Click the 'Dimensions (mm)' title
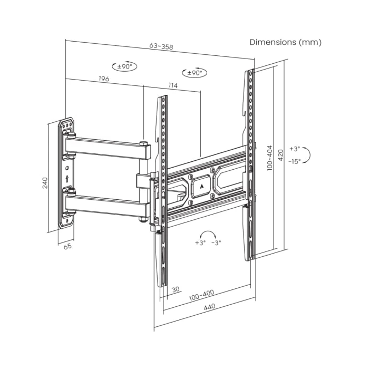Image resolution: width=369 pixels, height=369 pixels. (285, 42)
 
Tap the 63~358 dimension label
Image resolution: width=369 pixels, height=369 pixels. (161, 46)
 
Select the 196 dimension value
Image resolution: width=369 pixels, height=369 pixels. (104, 79)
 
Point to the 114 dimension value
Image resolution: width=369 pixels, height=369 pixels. (173, 85)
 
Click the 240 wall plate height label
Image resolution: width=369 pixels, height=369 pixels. (45, 182)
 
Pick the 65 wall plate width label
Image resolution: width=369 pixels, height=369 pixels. (67, 246)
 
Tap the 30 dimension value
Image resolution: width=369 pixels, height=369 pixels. (176, 289)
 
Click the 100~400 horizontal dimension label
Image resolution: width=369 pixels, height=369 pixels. (202, 295)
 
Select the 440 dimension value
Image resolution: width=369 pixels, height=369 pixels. (209, 307)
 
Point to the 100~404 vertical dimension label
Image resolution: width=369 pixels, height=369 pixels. (270, 158)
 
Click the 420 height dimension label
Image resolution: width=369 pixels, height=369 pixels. (280, 155)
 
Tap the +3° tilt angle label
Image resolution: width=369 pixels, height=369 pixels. (295, 149)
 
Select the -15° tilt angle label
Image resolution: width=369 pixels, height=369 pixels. (295, 161)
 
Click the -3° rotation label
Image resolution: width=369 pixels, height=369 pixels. (216, 242)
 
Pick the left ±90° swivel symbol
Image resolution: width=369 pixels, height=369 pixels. (124, 66)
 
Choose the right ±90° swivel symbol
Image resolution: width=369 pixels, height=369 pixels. (195, 73)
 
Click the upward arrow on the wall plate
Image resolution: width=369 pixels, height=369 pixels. (67, 179)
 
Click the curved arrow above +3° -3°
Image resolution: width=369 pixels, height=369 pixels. (208, 231)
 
